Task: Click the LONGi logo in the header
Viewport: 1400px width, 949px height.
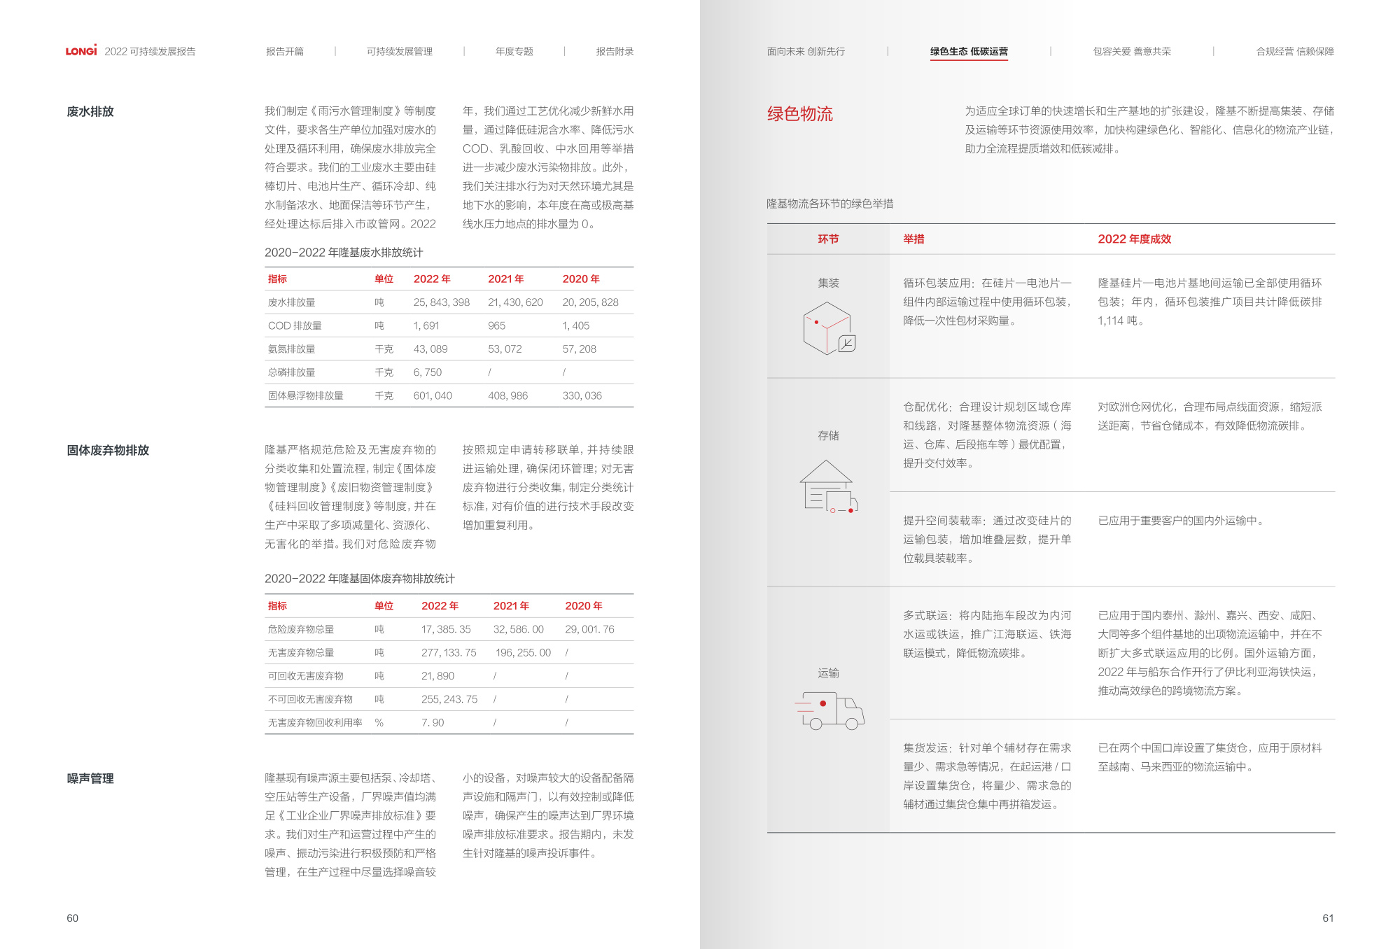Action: pos(81,51)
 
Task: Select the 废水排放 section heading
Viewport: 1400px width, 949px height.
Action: pos(90,112)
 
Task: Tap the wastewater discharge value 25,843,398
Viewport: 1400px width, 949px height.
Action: pos(441,302)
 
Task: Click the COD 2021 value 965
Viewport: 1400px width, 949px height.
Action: pos(496,325)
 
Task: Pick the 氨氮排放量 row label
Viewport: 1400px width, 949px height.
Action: pos(291,349)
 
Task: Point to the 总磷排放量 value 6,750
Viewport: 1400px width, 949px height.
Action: pos(427,372)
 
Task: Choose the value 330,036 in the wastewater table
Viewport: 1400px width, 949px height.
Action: pos(582,395)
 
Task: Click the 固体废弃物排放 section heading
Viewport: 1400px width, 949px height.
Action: pos(108,451)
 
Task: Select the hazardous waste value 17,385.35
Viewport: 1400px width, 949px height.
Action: pos(445,629)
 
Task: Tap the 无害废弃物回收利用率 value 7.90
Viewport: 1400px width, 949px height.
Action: pos(432,722)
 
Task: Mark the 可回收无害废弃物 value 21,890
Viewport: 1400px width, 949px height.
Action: pos(437,676)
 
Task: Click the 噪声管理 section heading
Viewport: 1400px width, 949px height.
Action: pos(90,779)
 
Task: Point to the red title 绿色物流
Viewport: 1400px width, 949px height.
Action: pos(799,114)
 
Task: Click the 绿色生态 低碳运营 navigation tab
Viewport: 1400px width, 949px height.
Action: pos(969,52)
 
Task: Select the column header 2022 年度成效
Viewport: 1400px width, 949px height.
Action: pos(1134,239)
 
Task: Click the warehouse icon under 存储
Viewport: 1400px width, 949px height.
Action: pos(829,486)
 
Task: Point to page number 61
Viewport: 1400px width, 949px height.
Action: pos(1328,918)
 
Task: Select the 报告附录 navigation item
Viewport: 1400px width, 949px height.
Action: pos(615,52)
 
